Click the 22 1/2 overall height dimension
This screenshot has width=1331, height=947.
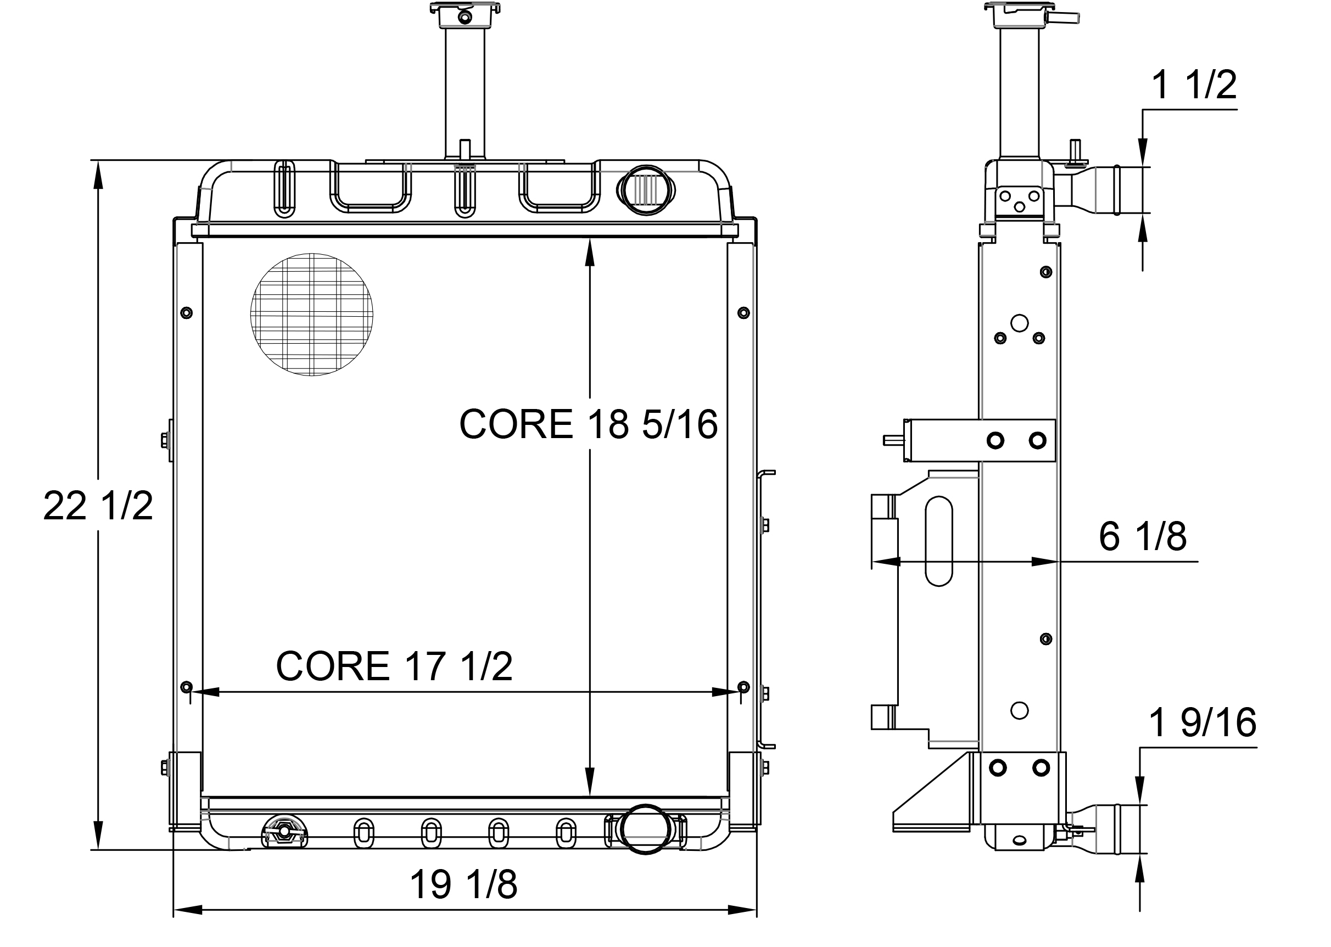click(98, 506)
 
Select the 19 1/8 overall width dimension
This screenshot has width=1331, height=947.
click(463, 884)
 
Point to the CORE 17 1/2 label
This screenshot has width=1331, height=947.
click(394, 666)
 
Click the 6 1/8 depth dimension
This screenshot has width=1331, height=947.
click(1142, 536)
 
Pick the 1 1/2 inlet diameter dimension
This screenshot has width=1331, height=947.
click(1193, 85)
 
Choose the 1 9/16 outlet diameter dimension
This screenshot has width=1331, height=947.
click(1201, 723)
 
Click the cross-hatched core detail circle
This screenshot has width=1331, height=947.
click(311, 315)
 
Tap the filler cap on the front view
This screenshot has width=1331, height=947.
click(465, 11)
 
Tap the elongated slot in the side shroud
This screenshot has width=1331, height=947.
click(938, 541)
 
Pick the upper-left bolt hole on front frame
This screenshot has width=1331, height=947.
click(186, 313)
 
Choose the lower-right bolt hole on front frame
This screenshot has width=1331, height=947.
click(743, 685)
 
